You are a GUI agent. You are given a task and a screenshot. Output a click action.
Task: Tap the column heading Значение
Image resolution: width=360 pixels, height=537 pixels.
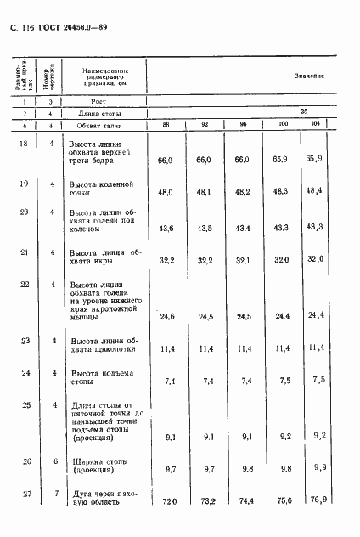point(309,76)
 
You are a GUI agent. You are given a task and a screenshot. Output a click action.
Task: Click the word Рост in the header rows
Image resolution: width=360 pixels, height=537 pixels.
point(98,101)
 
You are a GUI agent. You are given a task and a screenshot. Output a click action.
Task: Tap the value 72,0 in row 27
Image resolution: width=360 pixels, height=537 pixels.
point(166,503)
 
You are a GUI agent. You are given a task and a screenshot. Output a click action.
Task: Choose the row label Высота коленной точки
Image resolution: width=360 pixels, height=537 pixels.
point(101,188)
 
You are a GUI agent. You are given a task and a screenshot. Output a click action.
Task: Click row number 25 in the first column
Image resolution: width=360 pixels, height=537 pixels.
point(23,405)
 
